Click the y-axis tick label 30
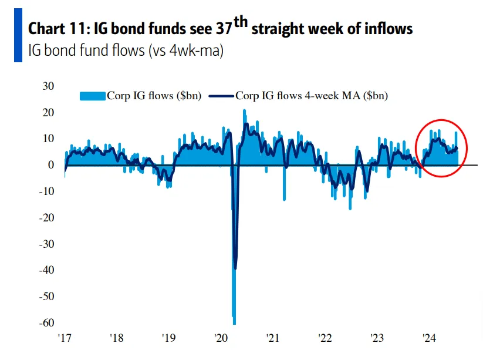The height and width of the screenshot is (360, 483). pyautogui.click(x=48, y=86)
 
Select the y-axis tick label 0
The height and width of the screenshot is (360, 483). pyautogui.click(x=50, y=165)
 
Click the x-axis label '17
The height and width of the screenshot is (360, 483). pyautogui.click(x=64, y=338)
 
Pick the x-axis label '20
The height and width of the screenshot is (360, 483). pyautogui.click(x=221, y=338)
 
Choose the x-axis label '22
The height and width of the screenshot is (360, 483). pyautogui.click(x=325, y=338)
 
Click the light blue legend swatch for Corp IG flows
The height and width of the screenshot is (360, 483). pyautogui.click(x=92, y=96)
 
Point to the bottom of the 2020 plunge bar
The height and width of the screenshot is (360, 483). pyautogui.click(x=234, y=322)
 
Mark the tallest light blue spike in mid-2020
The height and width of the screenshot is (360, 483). pyautogui.click(x=244, y=110)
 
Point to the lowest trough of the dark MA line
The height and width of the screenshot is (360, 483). pyautogui.click(x=235, y=268)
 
